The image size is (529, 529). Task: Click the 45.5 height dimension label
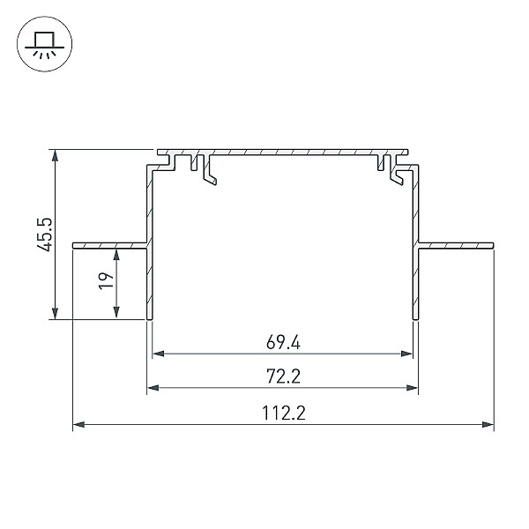[45, 235]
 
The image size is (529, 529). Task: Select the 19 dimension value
[107, 280]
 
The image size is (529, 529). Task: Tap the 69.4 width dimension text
[283, 342]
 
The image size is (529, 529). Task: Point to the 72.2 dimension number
[283, 376]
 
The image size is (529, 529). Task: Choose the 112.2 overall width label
[283, 413]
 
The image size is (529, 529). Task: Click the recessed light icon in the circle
[45, 44]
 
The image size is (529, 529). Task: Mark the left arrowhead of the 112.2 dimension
[78, 424]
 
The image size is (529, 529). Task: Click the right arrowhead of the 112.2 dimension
[488, 424]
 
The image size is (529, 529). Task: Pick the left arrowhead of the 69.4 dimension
[158, 354]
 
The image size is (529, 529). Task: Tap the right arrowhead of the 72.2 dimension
[413, 388]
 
